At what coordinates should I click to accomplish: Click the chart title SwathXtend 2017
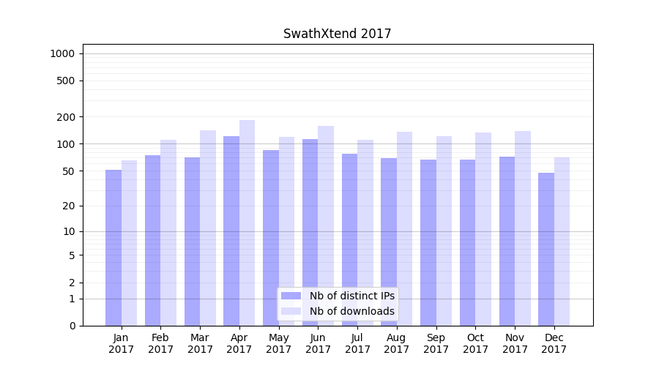click(337, 34)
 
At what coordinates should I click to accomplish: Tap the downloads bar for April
click(247, 223)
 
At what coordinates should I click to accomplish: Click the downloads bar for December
click(562, 242)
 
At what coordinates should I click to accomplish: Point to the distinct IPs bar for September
click(428, 242)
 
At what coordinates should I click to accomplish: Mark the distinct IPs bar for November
click(507, 241)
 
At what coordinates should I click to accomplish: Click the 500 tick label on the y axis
click(66, 81)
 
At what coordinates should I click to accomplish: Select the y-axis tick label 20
click(68, 206)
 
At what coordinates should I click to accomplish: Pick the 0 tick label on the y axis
click(72, 326)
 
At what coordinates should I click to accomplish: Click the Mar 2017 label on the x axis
click(200, 343)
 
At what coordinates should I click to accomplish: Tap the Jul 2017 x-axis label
click(357, 343)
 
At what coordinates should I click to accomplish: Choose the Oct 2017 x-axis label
click(475, 343)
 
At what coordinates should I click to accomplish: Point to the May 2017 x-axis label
click(279, 343)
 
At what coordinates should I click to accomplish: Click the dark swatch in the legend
click(291, 296)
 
